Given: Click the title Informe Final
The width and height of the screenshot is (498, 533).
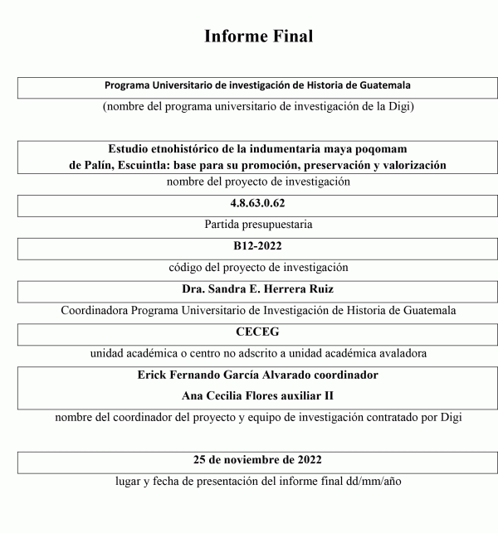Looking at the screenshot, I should (257, 36).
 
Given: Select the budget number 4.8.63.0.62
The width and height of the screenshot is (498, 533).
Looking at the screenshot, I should (256, 203).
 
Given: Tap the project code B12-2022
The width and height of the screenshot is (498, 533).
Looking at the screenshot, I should (256, 247).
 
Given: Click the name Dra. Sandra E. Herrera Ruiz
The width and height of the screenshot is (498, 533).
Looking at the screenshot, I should (256, 290).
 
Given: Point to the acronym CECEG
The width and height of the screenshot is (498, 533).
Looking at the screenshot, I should (256, 332).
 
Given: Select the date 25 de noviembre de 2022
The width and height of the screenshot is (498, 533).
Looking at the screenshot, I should (256, 459).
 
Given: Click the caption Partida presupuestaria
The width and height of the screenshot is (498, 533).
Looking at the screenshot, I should (256, 225).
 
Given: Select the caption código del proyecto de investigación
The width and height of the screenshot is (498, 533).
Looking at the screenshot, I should (256, 268).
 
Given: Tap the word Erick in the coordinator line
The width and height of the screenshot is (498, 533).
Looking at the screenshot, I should (153, 375).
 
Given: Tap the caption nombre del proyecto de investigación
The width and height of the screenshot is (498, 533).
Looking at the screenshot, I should (256, 182).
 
